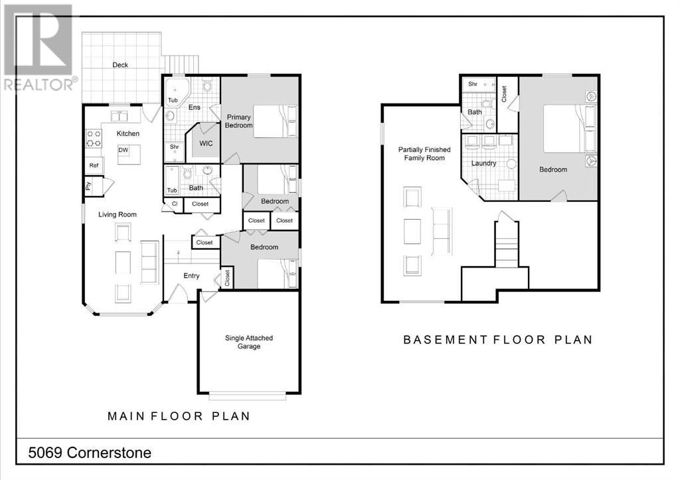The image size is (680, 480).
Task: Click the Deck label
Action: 120,65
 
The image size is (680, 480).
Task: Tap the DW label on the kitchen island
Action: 123,150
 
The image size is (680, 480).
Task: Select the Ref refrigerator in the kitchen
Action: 94,165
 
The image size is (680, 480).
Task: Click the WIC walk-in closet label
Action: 206,143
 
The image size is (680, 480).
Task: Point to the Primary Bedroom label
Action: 238,121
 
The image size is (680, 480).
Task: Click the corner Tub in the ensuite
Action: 175,92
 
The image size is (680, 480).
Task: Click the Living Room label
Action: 117,214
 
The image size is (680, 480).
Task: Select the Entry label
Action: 191,276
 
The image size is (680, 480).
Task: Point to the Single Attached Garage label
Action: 249,342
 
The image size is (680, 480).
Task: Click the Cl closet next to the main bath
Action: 175,204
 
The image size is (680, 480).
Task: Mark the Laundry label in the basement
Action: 483,163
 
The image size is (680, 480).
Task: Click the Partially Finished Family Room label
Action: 424,154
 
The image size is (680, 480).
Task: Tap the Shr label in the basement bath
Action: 473,84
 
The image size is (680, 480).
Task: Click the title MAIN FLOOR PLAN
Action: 179,416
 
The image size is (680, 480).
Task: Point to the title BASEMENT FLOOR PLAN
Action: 498,340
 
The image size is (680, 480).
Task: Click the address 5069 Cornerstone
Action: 90,453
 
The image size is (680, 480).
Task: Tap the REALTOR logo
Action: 40,47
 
